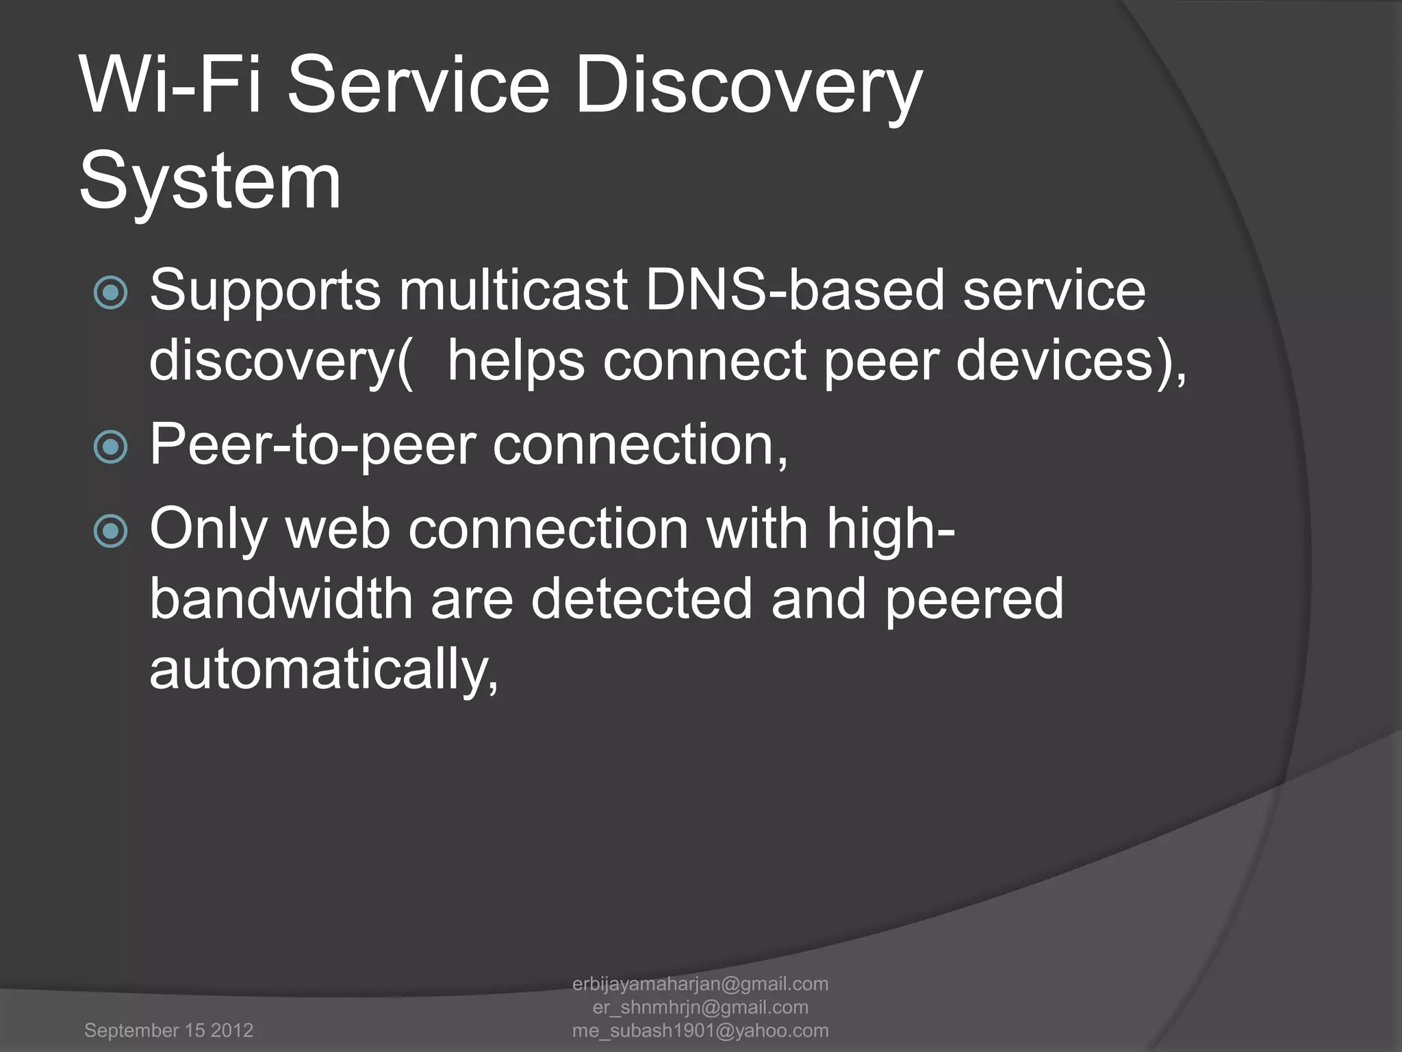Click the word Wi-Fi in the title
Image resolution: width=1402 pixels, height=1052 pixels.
170,86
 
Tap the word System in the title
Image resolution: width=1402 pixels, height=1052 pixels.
210,181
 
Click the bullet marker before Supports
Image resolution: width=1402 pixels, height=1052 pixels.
110,293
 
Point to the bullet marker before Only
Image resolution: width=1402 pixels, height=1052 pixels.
110,531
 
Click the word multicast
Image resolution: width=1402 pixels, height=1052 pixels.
514,290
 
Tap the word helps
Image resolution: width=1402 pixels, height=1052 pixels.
516,362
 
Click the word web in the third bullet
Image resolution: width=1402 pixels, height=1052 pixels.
338,529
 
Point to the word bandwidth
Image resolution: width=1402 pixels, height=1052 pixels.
281,599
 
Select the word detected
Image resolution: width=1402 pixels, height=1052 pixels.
641,599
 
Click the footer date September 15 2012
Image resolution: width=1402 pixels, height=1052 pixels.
168,1030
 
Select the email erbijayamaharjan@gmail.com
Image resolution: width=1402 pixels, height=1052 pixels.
700,984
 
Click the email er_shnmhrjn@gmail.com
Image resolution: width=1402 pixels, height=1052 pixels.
700,1007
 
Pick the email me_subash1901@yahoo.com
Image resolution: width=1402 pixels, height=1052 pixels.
700,1030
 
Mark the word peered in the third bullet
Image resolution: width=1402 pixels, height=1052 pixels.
974,600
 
